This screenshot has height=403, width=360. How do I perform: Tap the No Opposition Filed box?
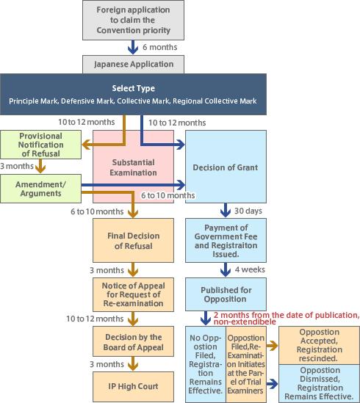[204, 366]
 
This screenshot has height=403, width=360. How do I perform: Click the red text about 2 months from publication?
[286, 319]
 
